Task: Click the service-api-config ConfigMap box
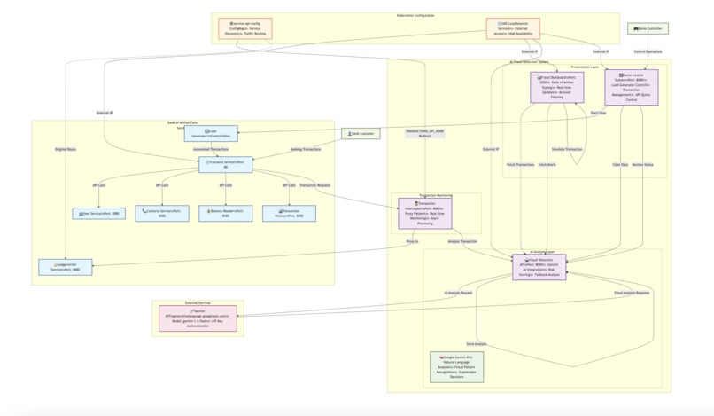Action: [x=244, y=28]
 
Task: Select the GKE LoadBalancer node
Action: [x=513, y=28]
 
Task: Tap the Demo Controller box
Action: [x=648, y=28]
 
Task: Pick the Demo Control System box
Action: [x=632, y=88]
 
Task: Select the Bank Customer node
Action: [x=361, y=133]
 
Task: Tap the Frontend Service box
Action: [x=225, y=164]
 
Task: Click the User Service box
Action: [x=98, y=214]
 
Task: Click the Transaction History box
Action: [x=289, y=214]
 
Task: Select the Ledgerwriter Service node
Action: [x=66, y=267]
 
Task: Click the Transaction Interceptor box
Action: [x=424, y=213]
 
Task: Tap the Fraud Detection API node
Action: [x=539, y=267]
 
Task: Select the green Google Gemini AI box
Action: [x=456, y=366]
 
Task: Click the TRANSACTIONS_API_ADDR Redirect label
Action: [x=424, y=133]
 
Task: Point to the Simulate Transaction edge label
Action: [x=567, y=149]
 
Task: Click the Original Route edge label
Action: [x=65, y=149]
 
